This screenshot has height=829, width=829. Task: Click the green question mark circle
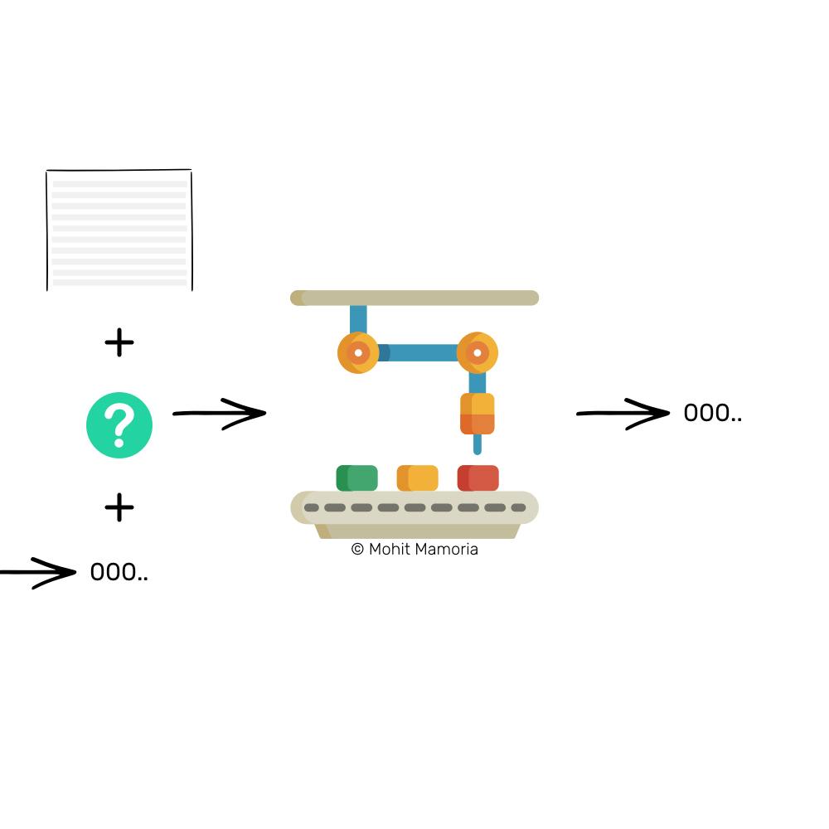[x=119, y=425]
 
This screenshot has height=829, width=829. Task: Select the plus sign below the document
[x=119, y=342]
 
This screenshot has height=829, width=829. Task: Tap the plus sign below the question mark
[x=119, y=507]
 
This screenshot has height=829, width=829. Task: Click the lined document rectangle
[x=119, y=230]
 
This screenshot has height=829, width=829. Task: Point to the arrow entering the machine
[x=220, y=414]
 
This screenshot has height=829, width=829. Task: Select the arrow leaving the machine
[x=623, y=414]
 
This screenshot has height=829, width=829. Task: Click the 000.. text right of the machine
[x=713, y=413]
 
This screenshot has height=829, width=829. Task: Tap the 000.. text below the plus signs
[x=119, y=572]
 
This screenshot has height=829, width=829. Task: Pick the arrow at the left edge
[x=38, y=573]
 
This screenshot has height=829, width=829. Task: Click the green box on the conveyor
[x=356, y=478]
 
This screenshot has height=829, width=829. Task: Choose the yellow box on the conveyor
[x=418, y=478]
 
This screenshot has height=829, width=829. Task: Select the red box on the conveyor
[x=478, y=478]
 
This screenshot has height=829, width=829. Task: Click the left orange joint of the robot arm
[x=358, y=352]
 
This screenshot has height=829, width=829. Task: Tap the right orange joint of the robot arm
[x=478, y=352]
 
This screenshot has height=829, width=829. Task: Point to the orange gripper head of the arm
[x=478, y=414]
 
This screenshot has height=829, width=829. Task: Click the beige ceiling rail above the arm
[x=414, y=298]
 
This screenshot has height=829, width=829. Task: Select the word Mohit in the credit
[x=390, y=549]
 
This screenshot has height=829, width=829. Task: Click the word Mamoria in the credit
[x=447, y=549]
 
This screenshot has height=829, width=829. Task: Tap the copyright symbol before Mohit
[x=357, y=549]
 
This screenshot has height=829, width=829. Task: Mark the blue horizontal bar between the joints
[x=418, y=352]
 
